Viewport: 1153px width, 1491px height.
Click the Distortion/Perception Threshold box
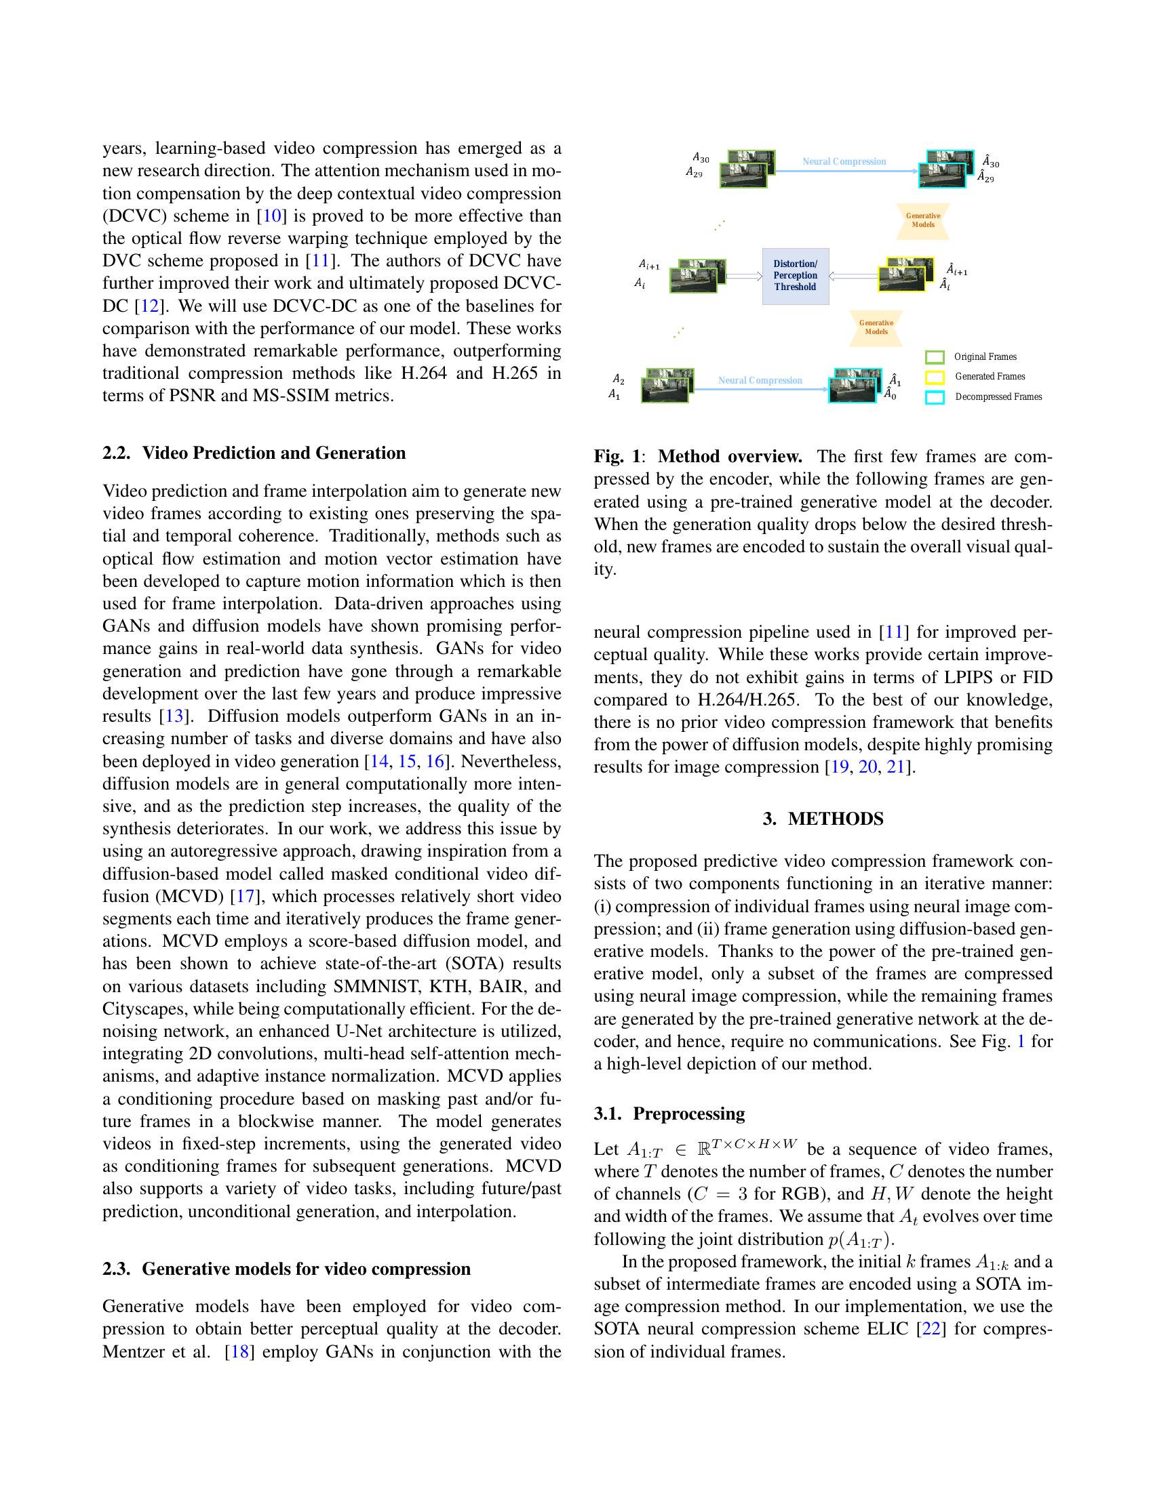point(795,276)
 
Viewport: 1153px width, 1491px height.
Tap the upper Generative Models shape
point(923,220)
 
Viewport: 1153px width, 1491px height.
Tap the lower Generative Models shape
point(876,328)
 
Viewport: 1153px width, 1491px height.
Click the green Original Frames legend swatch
point(935,357)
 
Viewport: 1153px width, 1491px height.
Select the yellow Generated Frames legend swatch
point(935,377)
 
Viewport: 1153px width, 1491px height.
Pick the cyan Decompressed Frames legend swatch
point(935,397)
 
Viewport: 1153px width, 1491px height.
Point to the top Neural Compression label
point(844,162)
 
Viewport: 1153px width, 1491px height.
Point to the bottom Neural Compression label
point(760,380)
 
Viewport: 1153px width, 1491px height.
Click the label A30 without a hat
point(701,159)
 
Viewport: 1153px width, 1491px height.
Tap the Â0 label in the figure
point(890,394)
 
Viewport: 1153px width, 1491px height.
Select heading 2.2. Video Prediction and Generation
point(254,453)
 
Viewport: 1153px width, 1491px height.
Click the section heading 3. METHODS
point(823,819)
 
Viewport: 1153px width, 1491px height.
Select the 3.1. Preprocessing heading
point(669,1114)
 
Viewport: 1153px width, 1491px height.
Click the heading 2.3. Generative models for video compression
point(286,1269)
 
